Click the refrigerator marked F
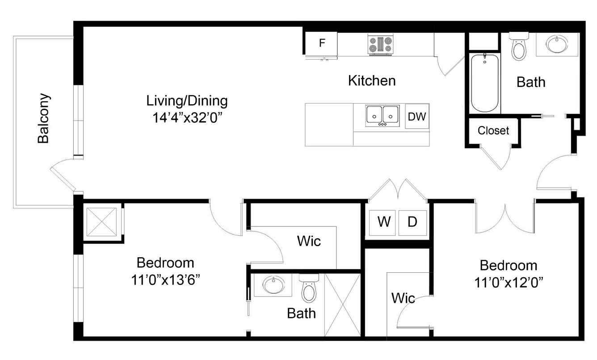(x=321, y=43)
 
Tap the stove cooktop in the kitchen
(x=380, y=45)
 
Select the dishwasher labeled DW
(x=417, y=116)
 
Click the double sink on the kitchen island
(x=383, y=115)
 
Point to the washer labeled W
(x=382, y=223)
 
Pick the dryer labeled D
(x=412, y=223)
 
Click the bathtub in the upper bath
(x=484, y=83)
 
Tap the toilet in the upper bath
(x=519, y=47)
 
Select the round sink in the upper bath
(x=557, y=44)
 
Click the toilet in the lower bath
(x=309, y=288)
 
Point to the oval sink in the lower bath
(x=273, y=285)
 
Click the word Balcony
(x=43, y=119)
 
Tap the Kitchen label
(x=372, y=80)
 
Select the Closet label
(x=493, y=131)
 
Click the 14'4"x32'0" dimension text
(x=187, y=118)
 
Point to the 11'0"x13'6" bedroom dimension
(x=165, y=280)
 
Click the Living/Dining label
(x=187, y=101)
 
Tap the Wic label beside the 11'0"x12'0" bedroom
(x=403, y=298)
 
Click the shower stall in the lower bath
(x=342, y=305)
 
